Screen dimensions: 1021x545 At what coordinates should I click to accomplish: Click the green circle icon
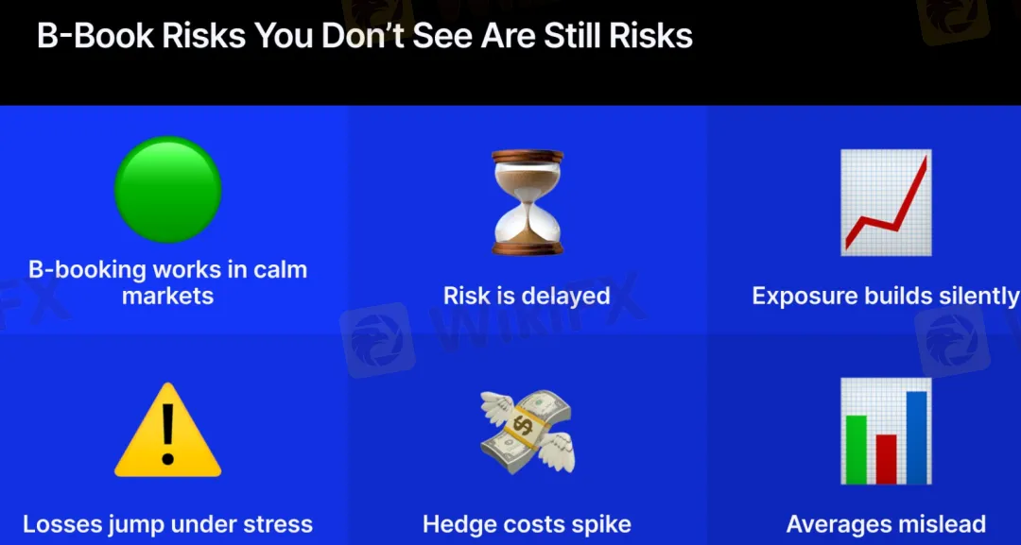tap(168, 189)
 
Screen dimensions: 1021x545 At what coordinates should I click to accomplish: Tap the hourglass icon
tap(528, 202)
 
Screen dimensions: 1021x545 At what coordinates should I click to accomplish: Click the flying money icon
tap(528, 432)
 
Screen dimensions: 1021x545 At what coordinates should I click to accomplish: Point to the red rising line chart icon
tap(886, 202)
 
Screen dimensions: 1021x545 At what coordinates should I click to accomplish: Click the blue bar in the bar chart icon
tap(916, 437)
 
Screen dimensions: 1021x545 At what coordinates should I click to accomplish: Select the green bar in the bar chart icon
tap(857, 450)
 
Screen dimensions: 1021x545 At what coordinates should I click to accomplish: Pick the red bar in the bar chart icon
tap(886, 459)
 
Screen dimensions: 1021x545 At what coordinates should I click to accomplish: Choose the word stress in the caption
tap(276, 524)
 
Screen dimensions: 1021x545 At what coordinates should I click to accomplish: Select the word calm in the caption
tap(279, 269)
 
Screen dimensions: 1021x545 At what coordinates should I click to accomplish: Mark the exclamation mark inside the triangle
tap(168, 434)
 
